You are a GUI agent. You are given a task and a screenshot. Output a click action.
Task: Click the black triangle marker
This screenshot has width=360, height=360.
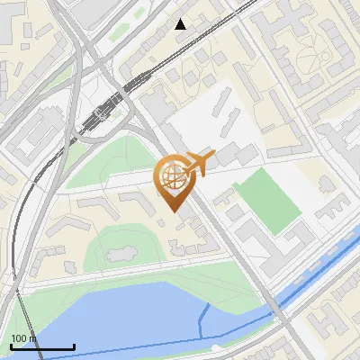tap(181, 24)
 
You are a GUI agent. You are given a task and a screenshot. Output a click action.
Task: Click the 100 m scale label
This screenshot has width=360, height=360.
tap(23, 338)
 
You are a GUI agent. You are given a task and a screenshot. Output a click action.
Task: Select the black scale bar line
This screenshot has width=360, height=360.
tap(41, 347)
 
